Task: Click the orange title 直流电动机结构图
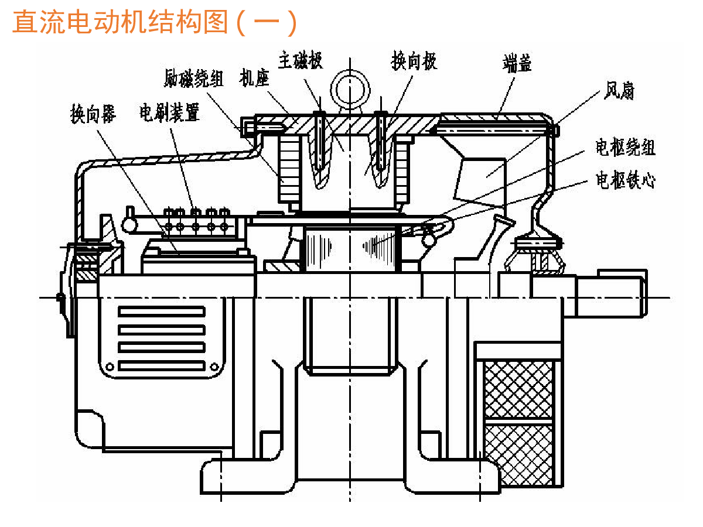point(120,22)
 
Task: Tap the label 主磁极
point(300,60)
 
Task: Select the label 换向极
point(414,60)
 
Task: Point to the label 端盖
point(517,63)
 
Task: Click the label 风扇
point(619,90)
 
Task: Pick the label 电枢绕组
point(625,147)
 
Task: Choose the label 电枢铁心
point(625,180)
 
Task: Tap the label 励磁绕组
point(193,78)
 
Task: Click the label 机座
point(254,77)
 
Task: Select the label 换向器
point(93,113)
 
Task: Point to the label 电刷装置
point(169,112)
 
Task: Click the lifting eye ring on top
point(350,90)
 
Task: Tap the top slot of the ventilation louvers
point(162,312)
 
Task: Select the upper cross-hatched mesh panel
point(519,389)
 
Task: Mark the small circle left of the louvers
point(110,367)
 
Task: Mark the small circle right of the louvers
point(214,367)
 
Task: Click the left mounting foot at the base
point(247,477)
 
